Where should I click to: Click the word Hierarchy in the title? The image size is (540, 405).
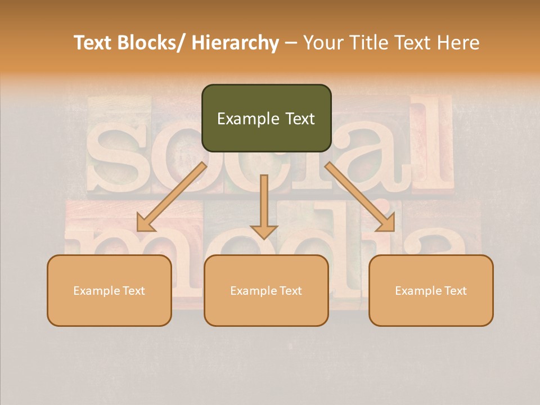pyautogui.click(x=235, y=43)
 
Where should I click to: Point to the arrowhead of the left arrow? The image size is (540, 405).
pyautogui.click(x=145, y=223)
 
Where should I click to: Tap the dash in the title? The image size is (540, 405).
pyautogui.click(x=291, y=43)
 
